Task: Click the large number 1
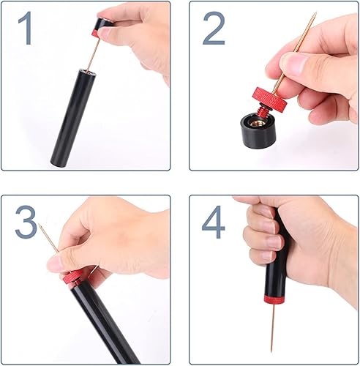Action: [26, 28]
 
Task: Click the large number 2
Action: [214, 28]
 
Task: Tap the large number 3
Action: [26, 222]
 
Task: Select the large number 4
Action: [213, 222]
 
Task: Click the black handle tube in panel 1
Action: [72, 119]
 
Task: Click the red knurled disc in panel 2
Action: [270, 99]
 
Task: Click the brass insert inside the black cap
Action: [255, 122]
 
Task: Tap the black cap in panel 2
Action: [256, 130]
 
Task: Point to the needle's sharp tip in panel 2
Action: [316, 12]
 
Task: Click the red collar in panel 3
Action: [72, 277]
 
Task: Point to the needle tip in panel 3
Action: [39, 225]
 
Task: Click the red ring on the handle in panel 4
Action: [274, 299]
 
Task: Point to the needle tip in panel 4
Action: [271, 351]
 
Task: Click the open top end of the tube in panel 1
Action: [87, 72]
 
